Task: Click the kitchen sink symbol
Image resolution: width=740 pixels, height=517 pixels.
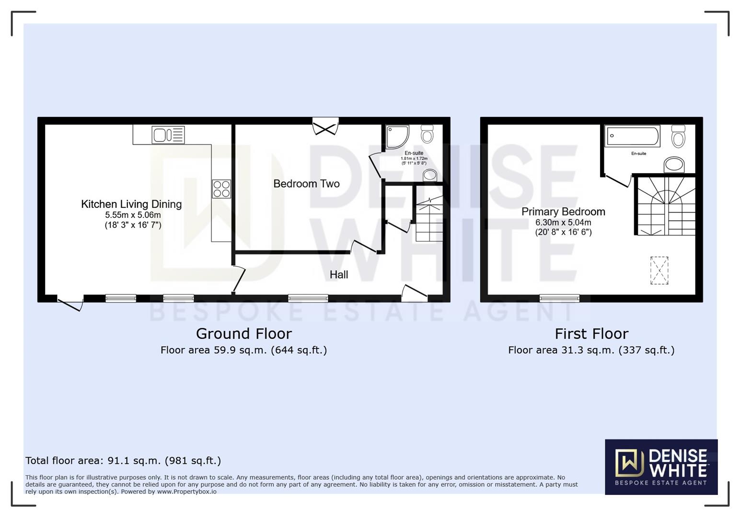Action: point(168,135)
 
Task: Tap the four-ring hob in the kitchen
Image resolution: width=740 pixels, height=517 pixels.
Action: point(221,189)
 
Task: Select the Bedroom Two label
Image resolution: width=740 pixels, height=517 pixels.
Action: point(306,184)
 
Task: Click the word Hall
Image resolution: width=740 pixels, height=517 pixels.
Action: point(339,275)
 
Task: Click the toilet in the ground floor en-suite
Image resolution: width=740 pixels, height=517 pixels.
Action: point(427,134)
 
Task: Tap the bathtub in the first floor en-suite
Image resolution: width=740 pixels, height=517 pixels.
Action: point(632,136)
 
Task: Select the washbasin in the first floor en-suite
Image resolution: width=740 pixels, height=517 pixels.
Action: point(674,165)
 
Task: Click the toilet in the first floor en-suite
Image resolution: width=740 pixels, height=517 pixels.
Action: point(678,136)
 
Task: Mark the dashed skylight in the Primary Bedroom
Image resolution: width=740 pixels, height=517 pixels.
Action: point(659,270)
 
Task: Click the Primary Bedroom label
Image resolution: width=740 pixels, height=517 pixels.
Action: point(563,212)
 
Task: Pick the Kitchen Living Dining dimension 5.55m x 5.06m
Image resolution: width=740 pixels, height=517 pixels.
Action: point(133,215)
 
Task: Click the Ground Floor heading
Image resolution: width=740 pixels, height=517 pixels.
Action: point(243,334)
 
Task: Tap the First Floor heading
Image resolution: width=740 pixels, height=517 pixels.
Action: point(591,334)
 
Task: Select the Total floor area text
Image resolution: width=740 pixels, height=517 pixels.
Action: point(123,461)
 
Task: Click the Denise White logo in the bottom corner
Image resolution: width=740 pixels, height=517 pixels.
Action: point(661,467)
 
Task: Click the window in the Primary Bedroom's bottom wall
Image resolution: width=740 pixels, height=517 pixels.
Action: point(559,298)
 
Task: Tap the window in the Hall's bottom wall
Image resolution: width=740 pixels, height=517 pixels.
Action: point(308,298)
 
